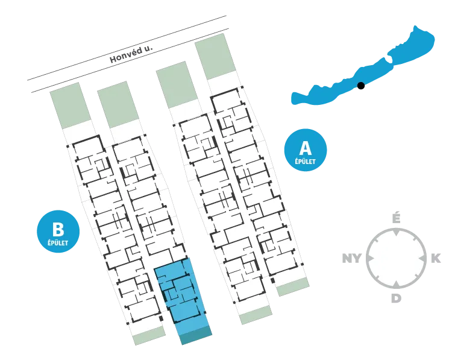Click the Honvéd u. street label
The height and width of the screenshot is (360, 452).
coord(131,54)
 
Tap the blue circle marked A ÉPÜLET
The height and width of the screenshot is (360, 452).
coord(306,150)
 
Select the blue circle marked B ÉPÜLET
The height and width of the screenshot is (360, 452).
coord(58,232)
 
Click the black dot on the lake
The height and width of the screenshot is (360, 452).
coord(360,86)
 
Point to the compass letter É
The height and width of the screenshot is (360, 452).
coord(397,218)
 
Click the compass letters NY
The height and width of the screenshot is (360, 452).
coord(352,258)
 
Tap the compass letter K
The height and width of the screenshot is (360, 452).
coord(436,259)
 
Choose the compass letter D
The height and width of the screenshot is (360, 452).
coord(396,298)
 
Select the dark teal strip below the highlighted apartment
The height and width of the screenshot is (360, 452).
coord(196,335)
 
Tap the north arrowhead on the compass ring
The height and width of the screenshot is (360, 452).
coord(397,232)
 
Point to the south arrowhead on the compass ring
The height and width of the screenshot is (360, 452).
coord(397,285)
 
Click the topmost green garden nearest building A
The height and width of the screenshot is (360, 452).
coord(215,56)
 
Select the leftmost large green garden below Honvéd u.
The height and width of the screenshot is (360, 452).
coord(71,106)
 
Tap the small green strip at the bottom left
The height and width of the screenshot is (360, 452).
coord(149,335)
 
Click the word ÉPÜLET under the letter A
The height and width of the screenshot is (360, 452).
coord(306,161)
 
